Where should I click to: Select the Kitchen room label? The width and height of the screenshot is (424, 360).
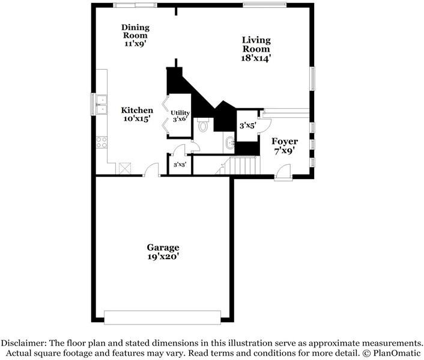click(137, 111)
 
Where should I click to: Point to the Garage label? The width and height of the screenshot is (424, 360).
click(163, 248)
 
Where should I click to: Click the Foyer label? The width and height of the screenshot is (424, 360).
click(285, 141)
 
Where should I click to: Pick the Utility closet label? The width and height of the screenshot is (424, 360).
click(180, 112)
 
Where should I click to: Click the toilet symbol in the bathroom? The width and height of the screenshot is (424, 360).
click(202, 125)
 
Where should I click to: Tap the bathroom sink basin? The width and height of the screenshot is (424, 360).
click(230, 142)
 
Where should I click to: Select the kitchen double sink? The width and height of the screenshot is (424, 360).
click(100, 105)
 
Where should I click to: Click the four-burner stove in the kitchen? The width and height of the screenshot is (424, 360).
click(101, 142)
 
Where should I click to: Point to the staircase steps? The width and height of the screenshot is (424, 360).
click(244, 165)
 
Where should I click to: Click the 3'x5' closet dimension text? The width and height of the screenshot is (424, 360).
click(247, 126)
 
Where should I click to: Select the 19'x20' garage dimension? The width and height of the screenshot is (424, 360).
click(163, 257)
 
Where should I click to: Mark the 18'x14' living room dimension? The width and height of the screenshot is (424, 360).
click(256, 58)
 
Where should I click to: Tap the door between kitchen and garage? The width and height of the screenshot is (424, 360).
click(153, 172)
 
